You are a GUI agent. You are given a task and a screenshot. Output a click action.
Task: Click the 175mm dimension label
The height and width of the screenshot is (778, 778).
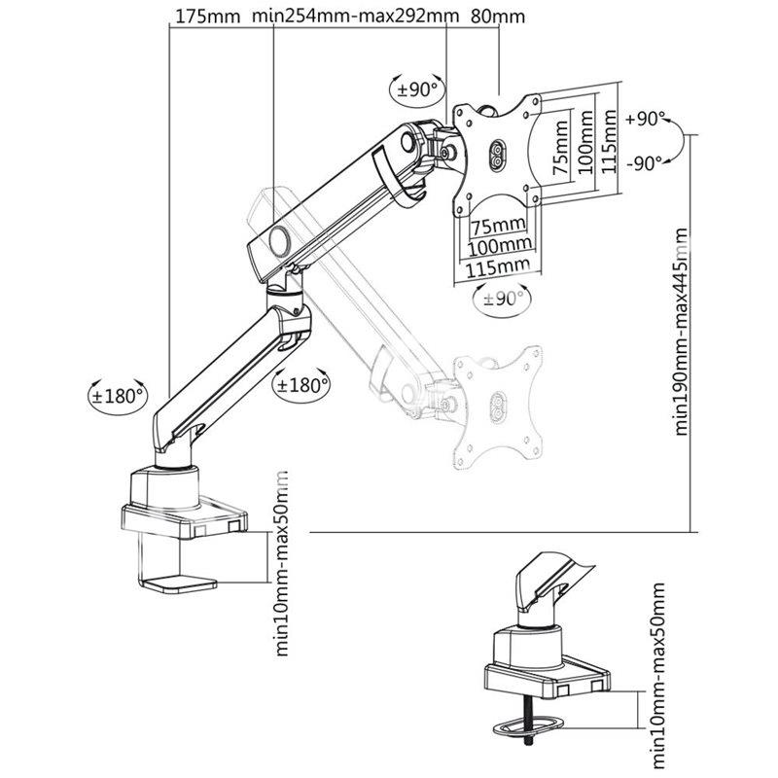pos(208,17)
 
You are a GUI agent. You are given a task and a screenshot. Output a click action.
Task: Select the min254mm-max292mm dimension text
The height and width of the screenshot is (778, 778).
pos(355,16)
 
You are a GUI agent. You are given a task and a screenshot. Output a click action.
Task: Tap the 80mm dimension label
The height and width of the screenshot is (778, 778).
pos(497,17)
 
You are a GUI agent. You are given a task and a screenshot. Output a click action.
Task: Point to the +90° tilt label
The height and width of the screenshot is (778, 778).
pos(645,119)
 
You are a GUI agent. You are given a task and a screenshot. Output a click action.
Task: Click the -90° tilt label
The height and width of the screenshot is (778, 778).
pos(644,162)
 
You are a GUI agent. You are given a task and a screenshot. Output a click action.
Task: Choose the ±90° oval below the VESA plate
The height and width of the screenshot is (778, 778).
pos(502,299)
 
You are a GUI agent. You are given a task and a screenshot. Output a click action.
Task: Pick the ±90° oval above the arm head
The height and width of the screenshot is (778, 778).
pos(417,89)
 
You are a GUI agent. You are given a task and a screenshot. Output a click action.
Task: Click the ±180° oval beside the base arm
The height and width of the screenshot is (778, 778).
pos(117,396)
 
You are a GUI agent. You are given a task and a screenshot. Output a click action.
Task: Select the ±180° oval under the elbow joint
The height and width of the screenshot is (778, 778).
pos(301,384)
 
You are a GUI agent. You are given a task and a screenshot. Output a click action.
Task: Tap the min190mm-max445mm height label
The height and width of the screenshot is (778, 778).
pos(682,332)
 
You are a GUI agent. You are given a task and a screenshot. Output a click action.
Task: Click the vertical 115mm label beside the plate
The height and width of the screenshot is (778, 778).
pos(609,141)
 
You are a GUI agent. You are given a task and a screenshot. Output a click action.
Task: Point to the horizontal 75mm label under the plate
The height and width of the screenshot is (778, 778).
pos(498,227)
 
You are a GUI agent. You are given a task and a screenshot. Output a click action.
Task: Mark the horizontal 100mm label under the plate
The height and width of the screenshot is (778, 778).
pos(500,245)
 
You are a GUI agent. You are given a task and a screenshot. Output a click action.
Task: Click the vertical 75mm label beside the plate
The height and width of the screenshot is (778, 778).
pos(561,147)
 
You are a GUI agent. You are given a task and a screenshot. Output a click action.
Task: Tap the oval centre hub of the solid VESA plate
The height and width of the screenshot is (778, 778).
pos(498,156)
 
